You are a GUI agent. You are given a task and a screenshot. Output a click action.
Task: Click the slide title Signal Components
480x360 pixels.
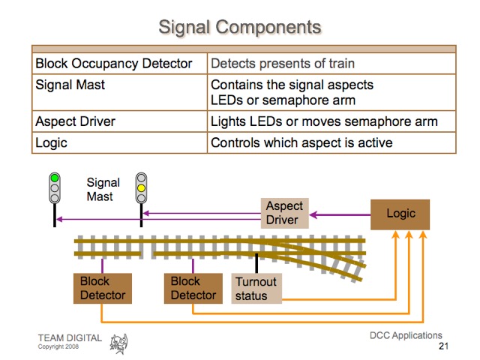(x=240, y=28)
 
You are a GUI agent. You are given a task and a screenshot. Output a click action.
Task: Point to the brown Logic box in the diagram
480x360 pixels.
(x=400, y=214)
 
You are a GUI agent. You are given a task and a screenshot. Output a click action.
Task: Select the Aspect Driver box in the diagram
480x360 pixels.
(x=285, y=213)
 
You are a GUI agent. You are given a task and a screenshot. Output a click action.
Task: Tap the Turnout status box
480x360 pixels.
(x=256, y=288)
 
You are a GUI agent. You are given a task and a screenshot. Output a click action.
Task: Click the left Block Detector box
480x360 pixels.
(x=103, y=288)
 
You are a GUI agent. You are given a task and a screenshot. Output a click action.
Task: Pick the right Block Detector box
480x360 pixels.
(x=193, y=288)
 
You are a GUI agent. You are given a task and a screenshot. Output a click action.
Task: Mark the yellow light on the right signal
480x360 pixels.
(x=140, y=188)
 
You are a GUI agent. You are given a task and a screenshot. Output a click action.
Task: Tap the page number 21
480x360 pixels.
(x=442, y=347)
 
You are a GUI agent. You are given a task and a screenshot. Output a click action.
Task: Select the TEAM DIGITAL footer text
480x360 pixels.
(x=70, y=338)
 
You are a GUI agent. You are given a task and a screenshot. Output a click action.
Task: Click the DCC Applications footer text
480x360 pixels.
(x=406, y=335)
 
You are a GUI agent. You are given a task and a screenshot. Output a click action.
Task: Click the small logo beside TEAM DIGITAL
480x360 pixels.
(x=119, y=343)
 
